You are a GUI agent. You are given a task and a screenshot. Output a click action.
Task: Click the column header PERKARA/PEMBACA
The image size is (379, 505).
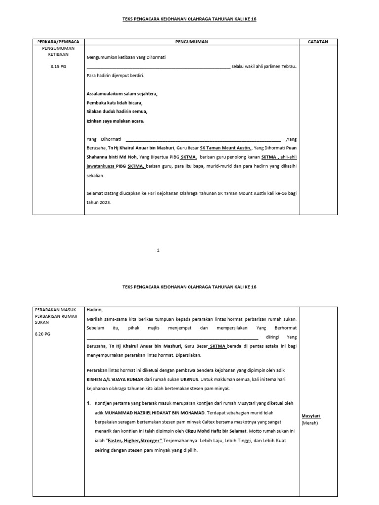click(58, 42)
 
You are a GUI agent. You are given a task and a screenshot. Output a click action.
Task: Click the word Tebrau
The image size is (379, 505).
click(288, 67)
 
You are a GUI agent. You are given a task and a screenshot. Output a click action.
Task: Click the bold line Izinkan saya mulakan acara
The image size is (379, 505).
click(116, 121)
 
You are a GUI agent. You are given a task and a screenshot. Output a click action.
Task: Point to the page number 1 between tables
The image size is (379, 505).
click(158, 251)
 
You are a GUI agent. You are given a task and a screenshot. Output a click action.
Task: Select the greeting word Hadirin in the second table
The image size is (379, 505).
click(95, 309)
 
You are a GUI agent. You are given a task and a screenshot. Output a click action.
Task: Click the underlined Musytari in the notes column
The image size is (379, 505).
click(310, 416)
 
